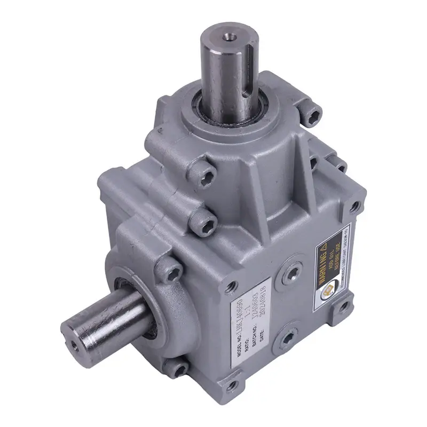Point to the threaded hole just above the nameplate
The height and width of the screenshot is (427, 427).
230,287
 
